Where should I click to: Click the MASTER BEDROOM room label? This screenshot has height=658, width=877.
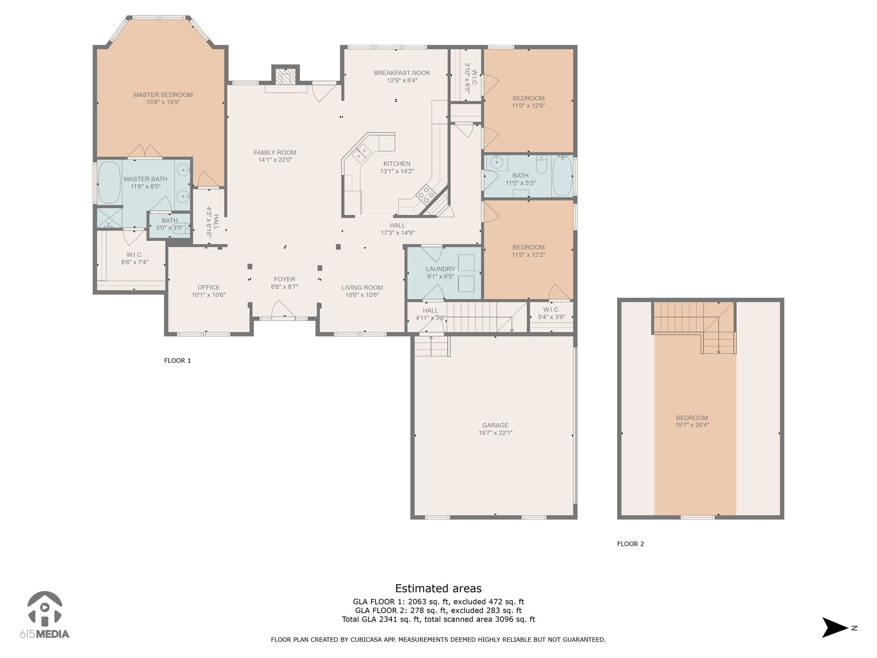point(163,95)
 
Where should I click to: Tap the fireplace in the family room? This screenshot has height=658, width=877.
point(285,77)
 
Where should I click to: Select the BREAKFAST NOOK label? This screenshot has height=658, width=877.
point(402,73)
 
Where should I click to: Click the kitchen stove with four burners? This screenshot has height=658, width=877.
point(427,194)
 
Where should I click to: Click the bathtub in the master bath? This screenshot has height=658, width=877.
point(110,182)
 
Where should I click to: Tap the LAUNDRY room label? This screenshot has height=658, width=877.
point(440,269)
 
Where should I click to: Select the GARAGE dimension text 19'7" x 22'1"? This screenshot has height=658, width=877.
point(495,433)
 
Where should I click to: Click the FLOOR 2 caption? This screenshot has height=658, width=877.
point(630,544)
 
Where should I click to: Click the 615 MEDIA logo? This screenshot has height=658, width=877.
point(45,614)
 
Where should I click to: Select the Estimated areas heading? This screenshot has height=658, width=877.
point(438,589)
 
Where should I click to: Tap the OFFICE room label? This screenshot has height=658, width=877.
point(209,287)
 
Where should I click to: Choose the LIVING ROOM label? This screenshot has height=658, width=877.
point(362,287)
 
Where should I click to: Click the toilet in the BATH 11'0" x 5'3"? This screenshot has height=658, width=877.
point(541,165)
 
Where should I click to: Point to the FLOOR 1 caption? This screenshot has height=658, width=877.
point(177,361)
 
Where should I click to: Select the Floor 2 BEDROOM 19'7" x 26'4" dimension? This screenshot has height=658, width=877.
point(692,425)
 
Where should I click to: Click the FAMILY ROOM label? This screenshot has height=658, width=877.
point(275,153)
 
